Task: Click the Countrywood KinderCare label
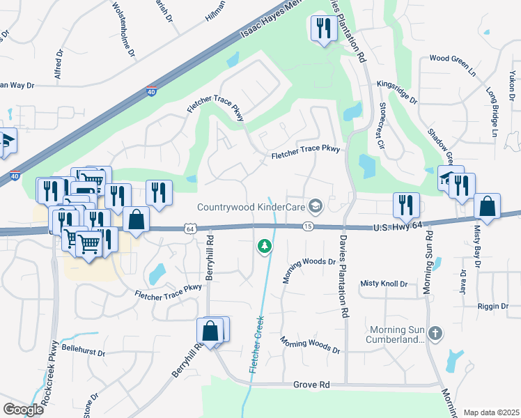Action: click(252, 206)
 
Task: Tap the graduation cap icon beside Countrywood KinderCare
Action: click(316, 206)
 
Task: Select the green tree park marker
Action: click(264, 245)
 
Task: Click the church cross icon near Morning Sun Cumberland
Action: click(436, 332)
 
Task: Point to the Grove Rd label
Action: click(311, 384)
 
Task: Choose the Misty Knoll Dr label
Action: click(384, 284)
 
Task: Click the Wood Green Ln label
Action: click(451, 59)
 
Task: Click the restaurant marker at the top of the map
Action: click(322, 29)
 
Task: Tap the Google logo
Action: click(23, 410)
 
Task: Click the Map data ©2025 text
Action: click(491, 412)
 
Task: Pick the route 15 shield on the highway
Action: click(307, 226)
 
